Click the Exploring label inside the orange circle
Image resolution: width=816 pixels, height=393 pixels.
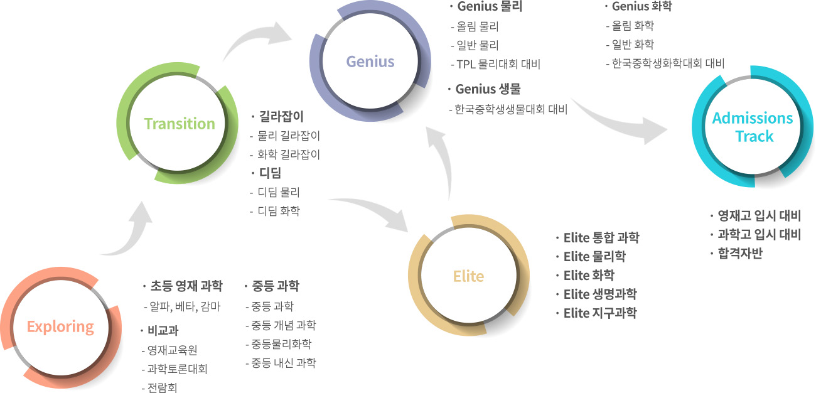pos(60,327)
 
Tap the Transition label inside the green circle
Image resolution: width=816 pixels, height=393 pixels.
pos(180,124)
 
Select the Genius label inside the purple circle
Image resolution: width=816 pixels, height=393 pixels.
pos(370,62)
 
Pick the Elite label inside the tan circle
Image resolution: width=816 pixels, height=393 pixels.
pos(468,276)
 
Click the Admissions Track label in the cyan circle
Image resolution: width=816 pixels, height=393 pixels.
pos(753,127)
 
